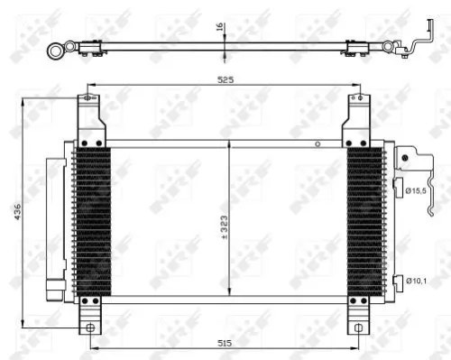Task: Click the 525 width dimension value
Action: (x=225, y=79)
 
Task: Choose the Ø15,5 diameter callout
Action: (x=416, y=190)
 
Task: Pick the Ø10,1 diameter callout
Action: (x=416, y=282)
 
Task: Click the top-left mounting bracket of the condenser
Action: (x=87, y=122)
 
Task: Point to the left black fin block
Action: (x=93, y=221)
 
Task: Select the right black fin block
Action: (x=365, y=221)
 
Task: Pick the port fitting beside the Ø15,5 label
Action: (x=397, y=188)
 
